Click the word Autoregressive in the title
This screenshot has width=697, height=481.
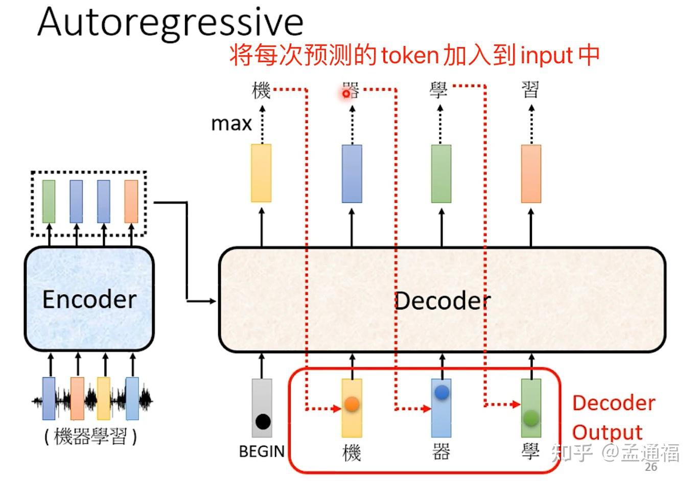tap(170, 23)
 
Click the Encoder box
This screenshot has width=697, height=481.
tap(89, 299)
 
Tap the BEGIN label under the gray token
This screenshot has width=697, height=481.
tap(262, 451)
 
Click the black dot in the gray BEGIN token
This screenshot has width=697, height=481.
tap(263, 422)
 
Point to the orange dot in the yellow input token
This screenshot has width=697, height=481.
tap(352, 404)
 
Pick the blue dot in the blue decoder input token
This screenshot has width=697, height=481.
tap(442, 392)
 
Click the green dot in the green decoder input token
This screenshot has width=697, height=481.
tap(531, 418)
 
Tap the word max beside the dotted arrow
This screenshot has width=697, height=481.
tap(231, 124)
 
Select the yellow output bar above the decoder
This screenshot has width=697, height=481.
tap(261, 173)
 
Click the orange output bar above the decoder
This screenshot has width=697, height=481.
tap(531, 174)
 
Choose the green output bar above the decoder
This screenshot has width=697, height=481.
tap(441, 174)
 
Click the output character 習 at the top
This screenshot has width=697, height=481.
tap(530, 91)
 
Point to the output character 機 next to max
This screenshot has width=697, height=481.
tap(261, 91)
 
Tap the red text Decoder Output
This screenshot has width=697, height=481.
tap(613, 417)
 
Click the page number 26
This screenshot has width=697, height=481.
tap(650, 467)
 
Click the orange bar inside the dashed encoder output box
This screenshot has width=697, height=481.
tap(131, 201)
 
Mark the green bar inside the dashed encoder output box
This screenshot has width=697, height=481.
tap(49, 201)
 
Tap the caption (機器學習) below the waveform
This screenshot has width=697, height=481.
tap(90, 437)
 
